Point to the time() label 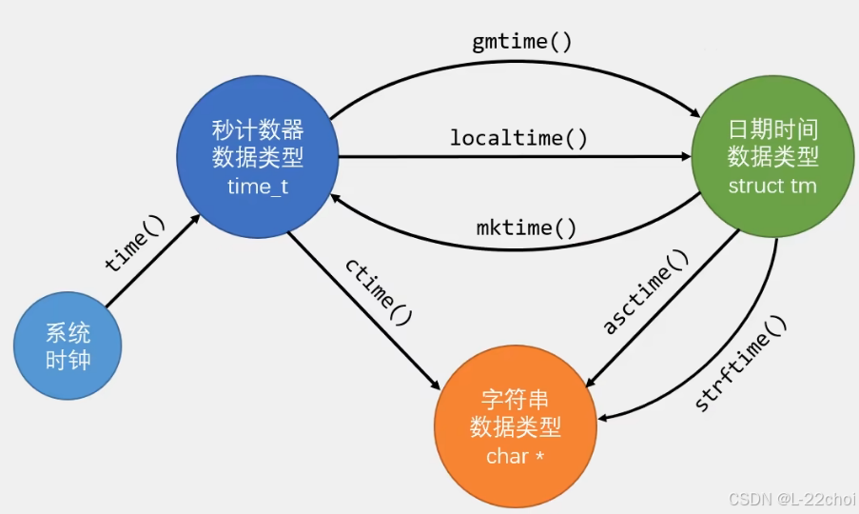(x=135, y=245)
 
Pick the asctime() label (x=645, y=292)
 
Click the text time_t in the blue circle (x=258, y=186)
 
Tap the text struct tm (x=771, y=186)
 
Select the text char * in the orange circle (x=515, y=456)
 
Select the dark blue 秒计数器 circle (x=258, y=157)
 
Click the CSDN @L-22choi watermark (x=791, y=499)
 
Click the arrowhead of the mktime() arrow (x=335, y=195)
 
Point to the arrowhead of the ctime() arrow (x=435, y=387)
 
